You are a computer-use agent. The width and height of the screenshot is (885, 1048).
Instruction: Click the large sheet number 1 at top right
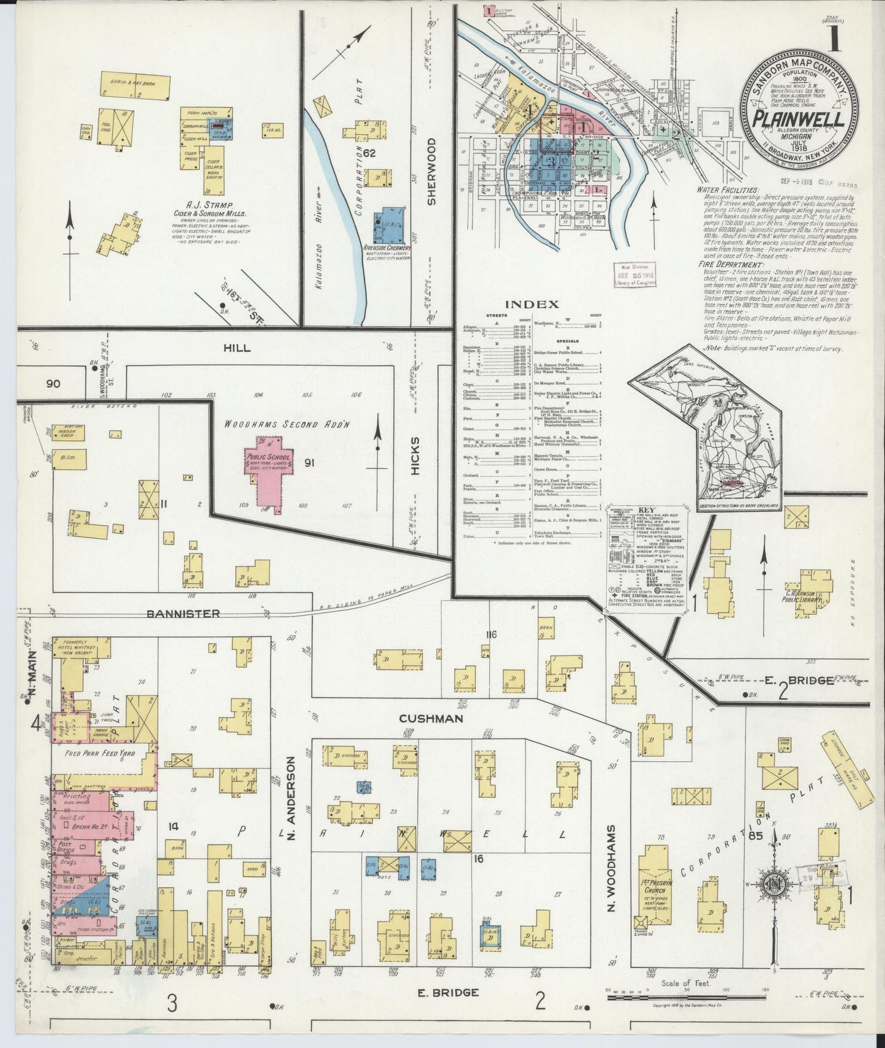coord(834,38)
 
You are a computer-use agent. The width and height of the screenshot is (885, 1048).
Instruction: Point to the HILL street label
coord(236,348)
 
